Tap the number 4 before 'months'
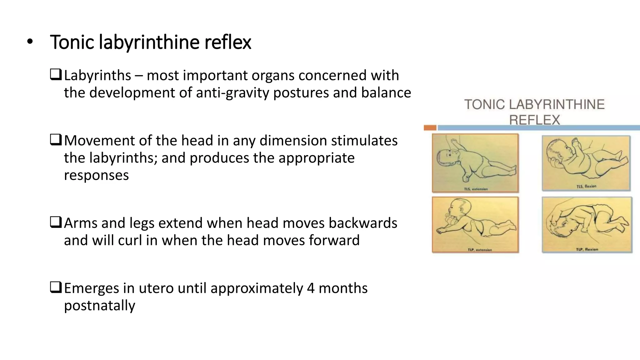point(311,288)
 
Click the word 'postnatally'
point(99,305)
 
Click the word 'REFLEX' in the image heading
point(534,120)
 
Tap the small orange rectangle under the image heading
point(430,127)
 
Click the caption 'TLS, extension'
point(476,189)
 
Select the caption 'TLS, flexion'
point(586,187)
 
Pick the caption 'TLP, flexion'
point(587,249)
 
